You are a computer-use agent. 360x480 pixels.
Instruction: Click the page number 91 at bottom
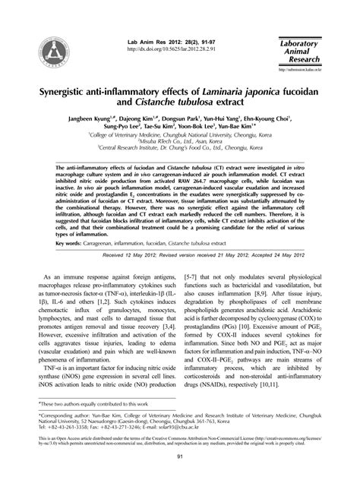(180, 455)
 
